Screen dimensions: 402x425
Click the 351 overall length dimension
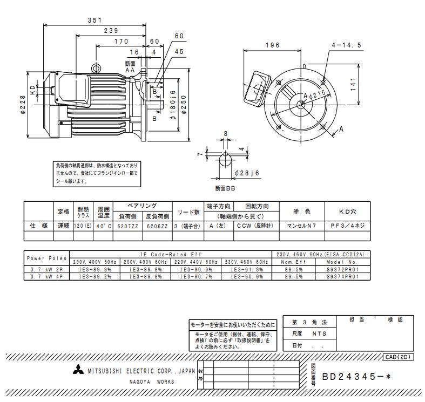[x=96, y=21]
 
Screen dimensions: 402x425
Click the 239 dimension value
[x=111, y=31]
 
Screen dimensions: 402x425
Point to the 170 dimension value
[x=121, y=41]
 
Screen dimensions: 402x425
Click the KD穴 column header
[x=347, y=212]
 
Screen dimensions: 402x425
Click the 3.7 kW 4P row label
[x=47, y=276]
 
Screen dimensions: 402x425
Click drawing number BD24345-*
[x=356, y=377]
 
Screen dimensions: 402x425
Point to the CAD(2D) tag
[x=399, y=357]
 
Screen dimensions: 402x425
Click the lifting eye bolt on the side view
[x=97, y=67]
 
